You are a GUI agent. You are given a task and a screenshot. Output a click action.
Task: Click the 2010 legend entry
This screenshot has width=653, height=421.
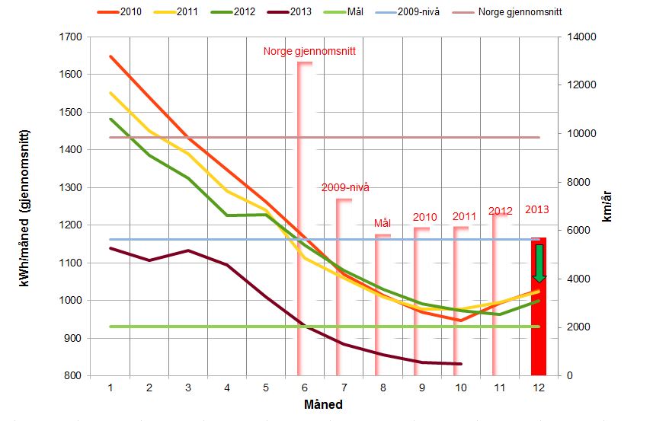pos(130,13)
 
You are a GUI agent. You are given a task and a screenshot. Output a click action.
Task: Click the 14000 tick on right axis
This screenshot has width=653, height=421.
pos(578,37)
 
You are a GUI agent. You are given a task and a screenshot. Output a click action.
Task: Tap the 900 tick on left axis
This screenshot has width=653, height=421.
pos(75,338)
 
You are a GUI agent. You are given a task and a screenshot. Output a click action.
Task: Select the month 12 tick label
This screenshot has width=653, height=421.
pos(539,388)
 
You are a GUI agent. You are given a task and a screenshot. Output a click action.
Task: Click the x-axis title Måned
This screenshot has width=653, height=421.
pos(324,403)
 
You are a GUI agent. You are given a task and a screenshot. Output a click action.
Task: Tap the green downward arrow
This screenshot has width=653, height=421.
pos(539,263)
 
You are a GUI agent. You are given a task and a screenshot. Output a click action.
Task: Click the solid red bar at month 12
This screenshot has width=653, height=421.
pos(539,320)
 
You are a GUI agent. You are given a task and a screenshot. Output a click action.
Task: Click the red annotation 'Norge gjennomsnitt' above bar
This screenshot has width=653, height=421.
pos(310,52)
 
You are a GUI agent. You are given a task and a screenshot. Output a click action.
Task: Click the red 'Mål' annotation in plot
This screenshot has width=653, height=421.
pos(383,223)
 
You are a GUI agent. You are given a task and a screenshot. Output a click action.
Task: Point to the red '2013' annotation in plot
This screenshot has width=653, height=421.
pos(537,209)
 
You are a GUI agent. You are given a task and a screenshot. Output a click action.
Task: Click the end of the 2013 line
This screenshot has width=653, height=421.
pos(461,364)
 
